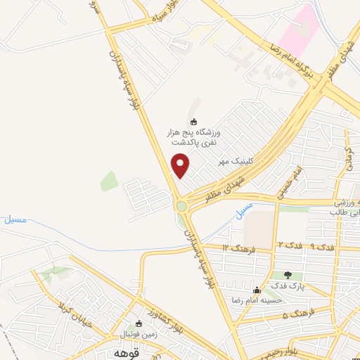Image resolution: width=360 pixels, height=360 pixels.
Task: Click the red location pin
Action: (181, 165)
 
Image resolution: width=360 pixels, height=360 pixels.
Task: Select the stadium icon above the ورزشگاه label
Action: (195, 121)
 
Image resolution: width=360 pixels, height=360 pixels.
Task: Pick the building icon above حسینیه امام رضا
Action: (257, 289)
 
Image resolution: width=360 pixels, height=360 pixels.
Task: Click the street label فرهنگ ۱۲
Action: (236, 248)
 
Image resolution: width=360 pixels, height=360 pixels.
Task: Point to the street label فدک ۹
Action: (323, 246)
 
